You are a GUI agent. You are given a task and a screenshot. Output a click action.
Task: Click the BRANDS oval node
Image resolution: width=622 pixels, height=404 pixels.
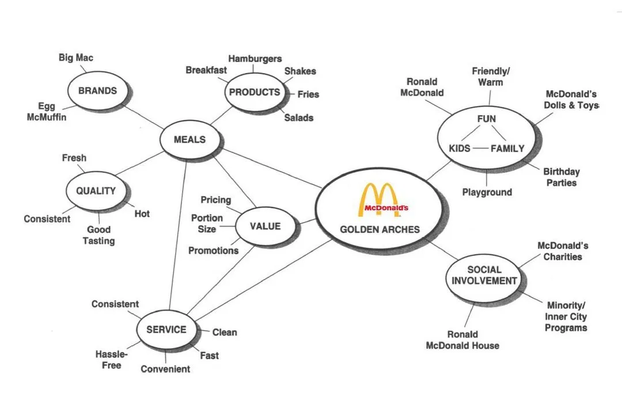coord(98,90)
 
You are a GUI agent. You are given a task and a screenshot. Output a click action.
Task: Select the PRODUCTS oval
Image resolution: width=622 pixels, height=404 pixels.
coord(255,92)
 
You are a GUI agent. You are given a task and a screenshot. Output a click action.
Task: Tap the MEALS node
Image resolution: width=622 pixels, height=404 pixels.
coord(189,139)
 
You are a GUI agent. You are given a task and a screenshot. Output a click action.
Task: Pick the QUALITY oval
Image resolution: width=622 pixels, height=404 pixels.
coord(96,191)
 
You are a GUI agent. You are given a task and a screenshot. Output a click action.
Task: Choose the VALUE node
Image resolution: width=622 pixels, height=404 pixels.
coord(266,226)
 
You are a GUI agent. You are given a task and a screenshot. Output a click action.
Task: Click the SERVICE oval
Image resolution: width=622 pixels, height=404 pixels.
coord(166,330)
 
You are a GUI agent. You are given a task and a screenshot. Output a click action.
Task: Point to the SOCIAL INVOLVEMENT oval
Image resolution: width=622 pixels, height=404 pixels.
coord(484,275)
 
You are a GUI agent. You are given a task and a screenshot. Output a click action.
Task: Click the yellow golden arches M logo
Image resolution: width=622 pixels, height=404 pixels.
coord(379,199)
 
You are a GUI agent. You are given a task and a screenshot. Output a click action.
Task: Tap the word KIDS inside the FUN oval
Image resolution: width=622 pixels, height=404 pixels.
coord(460,149)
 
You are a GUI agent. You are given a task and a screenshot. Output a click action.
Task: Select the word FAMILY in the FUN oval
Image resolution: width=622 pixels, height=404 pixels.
coord(507,149)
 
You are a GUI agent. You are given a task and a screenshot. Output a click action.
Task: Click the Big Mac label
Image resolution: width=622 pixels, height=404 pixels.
coord(76,58)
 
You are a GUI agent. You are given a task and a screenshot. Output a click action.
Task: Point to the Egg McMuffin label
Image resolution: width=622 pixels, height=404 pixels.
coord(47,111)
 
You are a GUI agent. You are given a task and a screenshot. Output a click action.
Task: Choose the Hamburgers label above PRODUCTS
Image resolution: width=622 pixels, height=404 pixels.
coord(255,59)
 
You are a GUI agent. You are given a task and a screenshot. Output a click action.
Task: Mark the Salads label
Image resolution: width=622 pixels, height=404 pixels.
coord(299,118)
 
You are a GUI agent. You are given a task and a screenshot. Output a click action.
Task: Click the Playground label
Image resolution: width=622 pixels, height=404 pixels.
coord(487,192)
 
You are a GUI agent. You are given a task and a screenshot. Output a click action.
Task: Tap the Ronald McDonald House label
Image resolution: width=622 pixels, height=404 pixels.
coord(462,339)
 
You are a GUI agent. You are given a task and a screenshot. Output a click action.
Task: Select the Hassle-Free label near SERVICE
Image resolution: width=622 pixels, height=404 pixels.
coord(112,360)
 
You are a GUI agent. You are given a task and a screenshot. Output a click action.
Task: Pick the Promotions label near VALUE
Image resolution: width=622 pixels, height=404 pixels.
coord(214,251)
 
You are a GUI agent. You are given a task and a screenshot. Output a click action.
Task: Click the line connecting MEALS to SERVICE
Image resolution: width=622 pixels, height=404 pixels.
coord(178,235)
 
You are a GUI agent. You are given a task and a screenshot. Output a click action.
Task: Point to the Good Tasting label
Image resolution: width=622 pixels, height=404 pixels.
coord(99,235)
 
